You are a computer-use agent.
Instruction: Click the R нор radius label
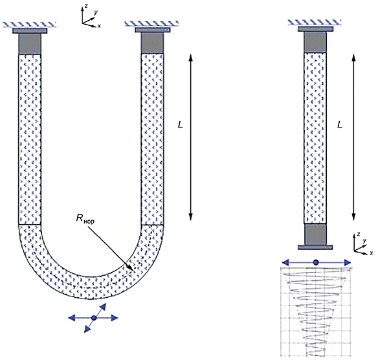(x=85, y=219)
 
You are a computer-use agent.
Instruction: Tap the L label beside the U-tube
(x=180, y=125)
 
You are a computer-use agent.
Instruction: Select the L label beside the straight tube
(x=340, y=125)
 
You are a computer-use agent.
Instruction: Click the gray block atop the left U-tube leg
(x=30, y=43)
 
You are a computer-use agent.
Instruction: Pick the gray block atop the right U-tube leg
(x=152, y=43)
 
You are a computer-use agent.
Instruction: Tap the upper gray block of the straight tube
(x=315, y=42)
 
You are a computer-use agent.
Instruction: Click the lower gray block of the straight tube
(x=315, y=234)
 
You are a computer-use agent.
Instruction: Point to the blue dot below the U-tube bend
(x=94, y=318)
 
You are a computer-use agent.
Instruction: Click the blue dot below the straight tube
(x=316, y=262)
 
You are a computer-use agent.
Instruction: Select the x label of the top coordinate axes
(x=99, y=26)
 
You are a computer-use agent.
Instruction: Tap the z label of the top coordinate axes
(x=86, y=6)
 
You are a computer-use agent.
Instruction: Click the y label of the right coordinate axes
(x=365, y=241)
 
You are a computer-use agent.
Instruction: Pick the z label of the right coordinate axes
(x=359, y=234)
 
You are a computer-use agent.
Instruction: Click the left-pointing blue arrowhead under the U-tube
(x=72, y=318)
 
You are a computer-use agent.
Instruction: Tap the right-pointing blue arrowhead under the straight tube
(x=348, y=262)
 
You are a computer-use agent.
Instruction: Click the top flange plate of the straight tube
(x=316, y=29)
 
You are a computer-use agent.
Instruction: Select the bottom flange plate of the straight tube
(x=315, y=247)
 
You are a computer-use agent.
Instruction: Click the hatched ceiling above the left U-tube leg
(x=29, y=25)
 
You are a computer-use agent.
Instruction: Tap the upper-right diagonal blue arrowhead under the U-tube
(x=103, y=306)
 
